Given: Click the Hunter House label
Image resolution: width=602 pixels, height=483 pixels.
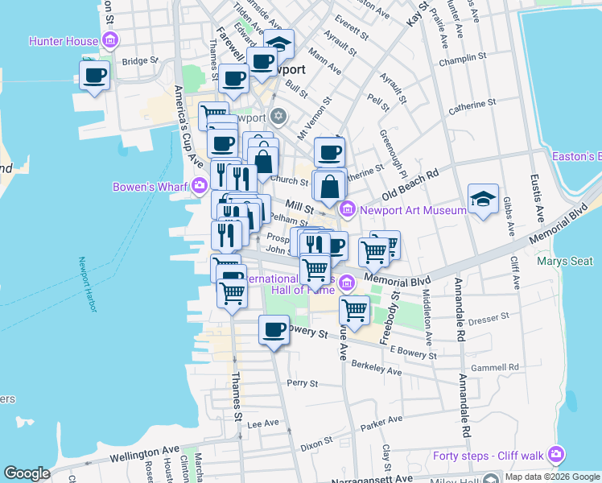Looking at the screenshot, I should click(x=63, y=40).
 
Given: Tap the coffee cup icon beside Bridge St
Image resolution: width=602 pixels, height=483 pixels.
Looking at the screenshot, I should click(x=94, y=76).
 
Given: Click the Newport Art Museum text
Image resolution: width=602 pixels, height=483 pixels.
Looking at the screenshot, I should click(x=413, y=210).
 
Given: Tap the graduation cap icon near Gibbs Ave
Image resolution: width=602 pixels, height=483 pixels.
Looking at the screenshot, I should click(x=483, y=199).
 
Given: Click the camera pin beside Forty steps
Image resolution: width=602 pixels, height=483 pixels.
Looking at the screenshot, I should click(x=556, y=456).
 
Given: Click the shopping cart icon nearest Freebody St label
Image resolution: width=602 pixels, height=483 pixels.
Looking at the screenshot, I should click(x=354, y=310).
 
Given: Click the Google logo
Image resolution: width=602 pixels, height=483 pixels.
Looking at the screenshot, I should click(x=27, y=473).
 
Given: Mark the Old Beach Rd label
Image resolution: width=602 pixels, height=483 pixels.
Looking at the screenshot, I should click(x=410, y=185).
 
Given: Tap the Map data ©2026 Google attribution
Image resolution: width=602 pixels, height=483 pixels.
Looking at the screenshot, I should click(x=551, y=477).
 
